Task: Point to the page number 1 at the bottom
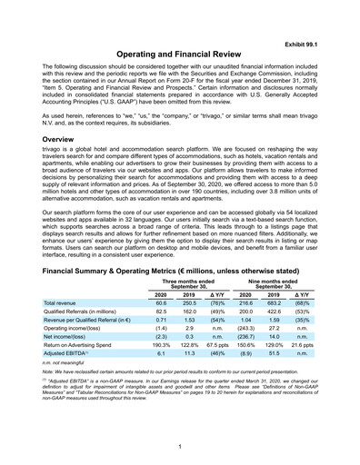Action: click(x=180, y=446)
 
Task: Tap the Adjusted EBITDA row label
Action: click(x=71, y=356)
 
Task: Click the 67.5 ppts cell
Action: click(x=217, y=345)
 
